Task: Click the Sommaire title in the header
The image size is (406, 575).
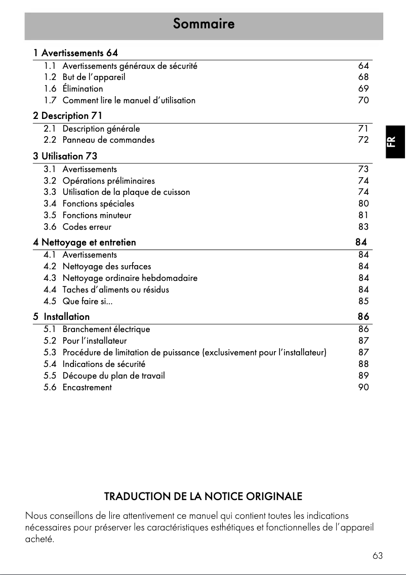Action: click(x=204, y=24)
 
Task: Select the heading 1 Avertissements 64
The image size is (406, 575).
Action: click(x=75, y=53)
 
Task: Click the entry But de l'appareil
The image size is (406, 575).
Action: click(x=94, y=77)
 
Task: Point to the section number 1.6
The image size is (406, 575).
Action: click(x=50, y=89)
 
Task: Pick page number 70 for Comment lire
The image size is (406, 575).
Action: click(x=363, y=101)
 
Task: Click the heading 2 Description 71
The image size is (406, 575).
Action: click(x=67, y=116)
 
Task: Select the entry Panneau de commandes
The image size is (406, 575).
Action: click(x=108, y=140)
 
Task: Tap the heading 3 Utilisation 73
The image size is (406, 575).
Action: click(x=65, y=156)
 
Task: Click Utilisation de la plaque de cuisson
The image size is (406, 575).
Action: click(x=126, y=192)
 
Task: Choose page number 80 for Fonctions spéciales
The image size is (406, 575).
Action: click(x=363, y=204)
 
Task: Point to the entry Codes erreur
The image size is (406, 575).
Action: click(x=87, y=227)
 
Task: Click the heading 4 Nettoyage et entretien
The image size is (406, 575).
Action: click(x=85, y=242)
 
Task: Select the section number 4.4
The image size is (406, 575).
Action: click(x=50, y=290)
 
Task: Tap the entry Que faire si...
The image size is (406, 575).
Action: click(x=87, y=302)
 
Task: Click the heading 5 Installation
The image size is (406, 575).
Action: click(x=62, y=317)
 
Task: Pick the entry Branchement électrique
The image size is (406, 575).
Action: click(x=106, y=330)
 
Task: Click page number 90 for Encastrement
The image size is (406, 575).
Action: click(x=363, y=388)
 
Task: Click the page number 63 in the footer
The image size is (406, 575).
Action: click(x=377, y=556)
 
